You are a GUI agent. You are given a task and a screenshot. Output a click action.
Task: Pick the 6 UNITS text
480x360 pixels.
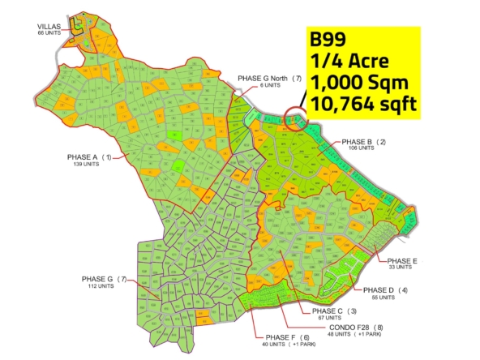[253, 85]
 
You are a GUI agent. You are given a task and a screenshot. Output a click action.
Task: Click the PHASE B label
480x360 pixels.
[358, 142]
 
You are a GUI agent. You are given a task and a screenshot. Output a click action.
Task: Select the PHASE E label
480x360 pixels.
[403, 260]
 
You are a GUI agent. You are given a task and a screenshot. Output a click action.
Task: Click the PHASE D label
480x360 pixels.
[378, 290]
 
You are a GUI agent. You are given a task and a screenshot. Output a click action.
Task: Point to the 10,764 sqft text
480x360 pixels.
[362, 104]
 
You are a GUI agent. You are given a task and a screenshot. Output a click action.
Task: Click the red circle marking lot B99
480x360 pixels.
[296, 120]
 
